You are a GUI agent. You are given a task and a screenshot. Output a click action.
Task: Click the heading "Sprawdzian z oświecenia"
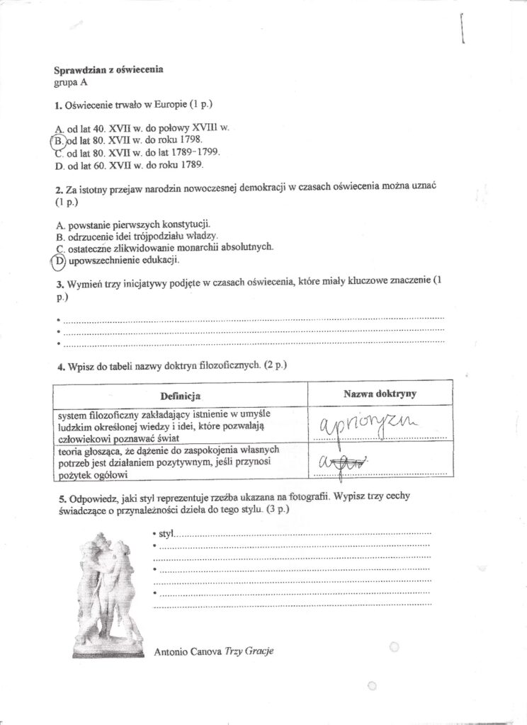[x=108, y=69]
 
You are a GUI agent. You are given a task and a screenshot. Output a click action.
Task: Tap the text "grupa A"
[x=71, y=81]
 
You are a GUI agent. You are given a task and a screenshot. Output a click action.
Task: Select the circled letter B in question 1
[x=59, y=140]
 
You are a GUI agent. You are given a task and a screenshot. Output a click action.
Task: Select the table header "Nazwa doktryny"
[x=379, y=393]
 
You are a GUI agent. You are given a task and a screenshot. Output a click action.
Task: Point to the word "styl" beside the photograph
[x=165, y=532]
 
